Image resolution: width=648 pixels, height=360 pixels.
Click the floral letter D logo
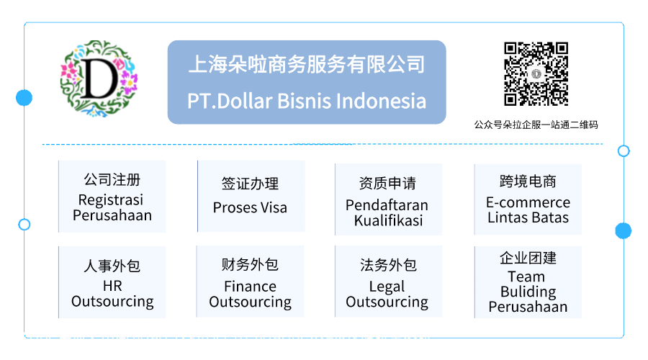99,78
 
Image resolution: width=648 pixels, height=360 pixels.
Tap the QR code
536,74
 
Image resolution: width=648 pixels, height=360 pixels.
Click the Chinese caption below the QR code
536,125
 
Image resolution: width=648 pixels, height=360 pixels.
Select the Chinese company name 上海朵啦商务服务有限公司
307,64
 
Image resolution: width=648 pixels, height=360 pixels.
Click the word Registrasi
111,200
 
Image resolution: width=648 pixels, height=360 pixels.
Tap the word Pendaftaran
387,205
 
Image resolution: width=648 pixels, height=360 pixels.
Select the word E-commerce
528,202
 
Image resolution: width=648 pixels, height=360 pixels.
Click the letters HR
112,286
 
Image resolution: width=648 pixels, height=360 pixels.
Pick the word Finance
250,287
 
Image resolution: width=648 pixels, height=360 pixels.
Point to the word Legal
387,287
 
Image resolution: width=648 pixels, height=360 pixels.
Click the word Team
526,276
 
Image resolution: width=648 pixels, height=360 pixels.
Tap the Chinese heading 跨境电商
528,181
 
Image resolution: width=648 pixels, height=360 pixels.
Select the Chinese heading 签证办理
250,184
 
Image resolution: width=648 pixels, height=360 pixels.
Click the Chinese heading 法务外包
388,265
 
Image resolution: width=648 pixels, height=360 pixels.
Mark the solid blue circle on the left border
24,97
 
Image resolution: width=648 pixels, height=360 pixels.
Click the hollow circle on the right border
624,151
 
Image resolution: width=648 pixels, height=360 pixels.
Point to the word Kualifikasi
389,221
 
